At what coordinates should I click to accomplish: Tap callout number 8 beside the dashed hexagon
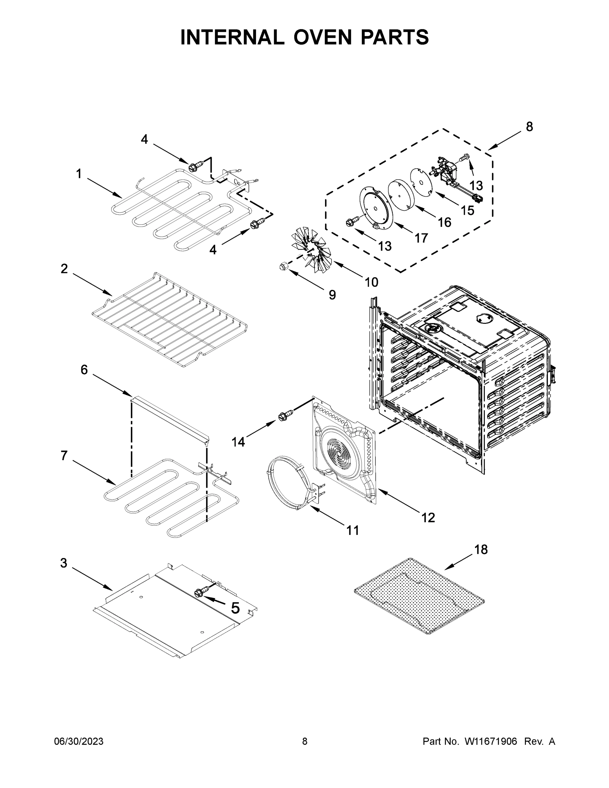tap(529, 127)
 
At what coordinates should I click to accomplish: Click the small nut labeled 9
tap(283, 266)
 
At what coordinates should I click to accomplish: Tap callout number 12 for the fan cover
tap(428, 518)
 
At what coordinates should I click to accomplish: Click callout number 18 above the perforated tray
tap(481, 550)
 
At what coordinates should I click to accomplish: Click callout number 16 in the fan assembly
tap(445, 222)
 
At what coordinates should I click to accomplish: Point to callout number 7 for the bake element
tap(64, 456)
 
